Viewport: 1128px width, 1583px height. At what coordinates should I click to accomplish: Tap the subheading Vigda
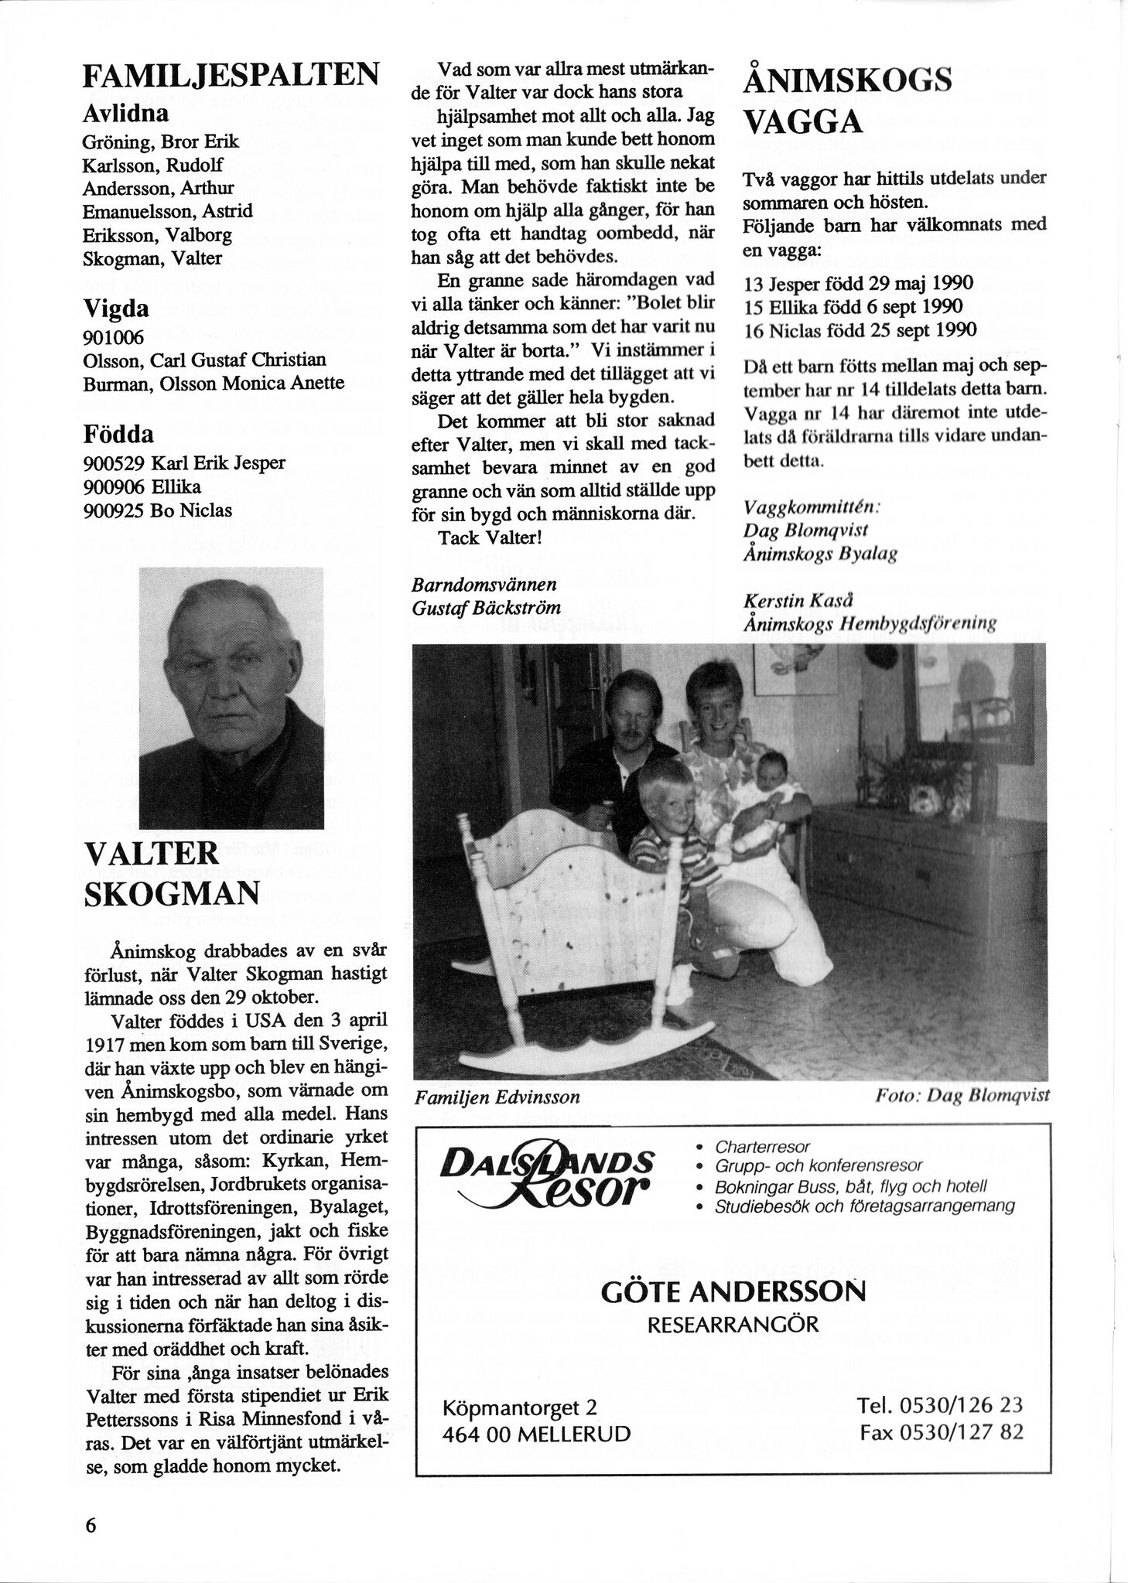(116, 309)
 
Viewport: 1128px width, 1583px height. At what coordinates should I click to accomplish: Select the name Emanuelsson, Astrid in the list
(167, 210)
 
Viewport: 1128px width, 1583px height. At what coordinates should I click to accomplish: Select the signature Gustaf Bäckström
(487, 607)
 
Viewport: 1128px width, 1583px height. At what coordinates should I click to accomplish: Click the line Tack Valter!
(490, 537)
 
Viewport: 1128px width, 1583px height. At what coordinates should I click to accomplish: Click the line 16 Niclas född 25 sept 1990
(859, 329)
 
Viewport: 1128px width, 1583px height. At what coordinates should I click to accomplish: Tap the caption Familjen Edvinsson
(497, 1097)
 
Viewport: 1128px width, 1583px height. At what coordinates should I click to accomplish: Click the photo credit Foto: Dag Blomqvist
(962, 1096)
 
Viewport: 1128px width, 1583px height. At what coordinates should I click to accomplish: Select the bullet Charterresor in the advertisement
(762, 1146)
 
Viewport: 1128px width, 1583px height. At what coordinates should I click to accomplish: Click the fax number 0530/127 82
(941, 1432)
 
